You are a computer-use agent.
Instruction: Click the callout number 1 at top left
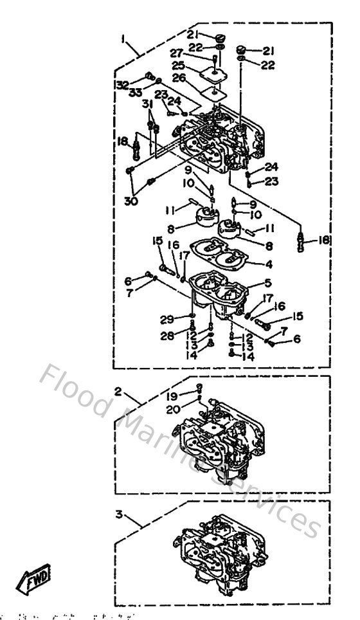point(122,38)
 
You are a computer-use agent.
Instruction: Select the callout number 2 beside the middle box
point(118,391)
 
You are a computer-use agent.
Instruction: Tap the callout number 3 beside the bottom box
point(118,516)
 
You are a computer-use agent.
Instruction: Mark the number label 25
point(178,66)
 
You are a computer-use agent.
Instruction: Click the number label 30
point(132,199)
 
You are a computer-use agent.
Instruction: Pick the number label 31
point(147,105)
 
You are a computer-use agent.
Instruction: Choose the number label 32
point(122,85)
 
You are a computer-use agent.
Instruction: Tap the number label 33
point(135,93)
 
